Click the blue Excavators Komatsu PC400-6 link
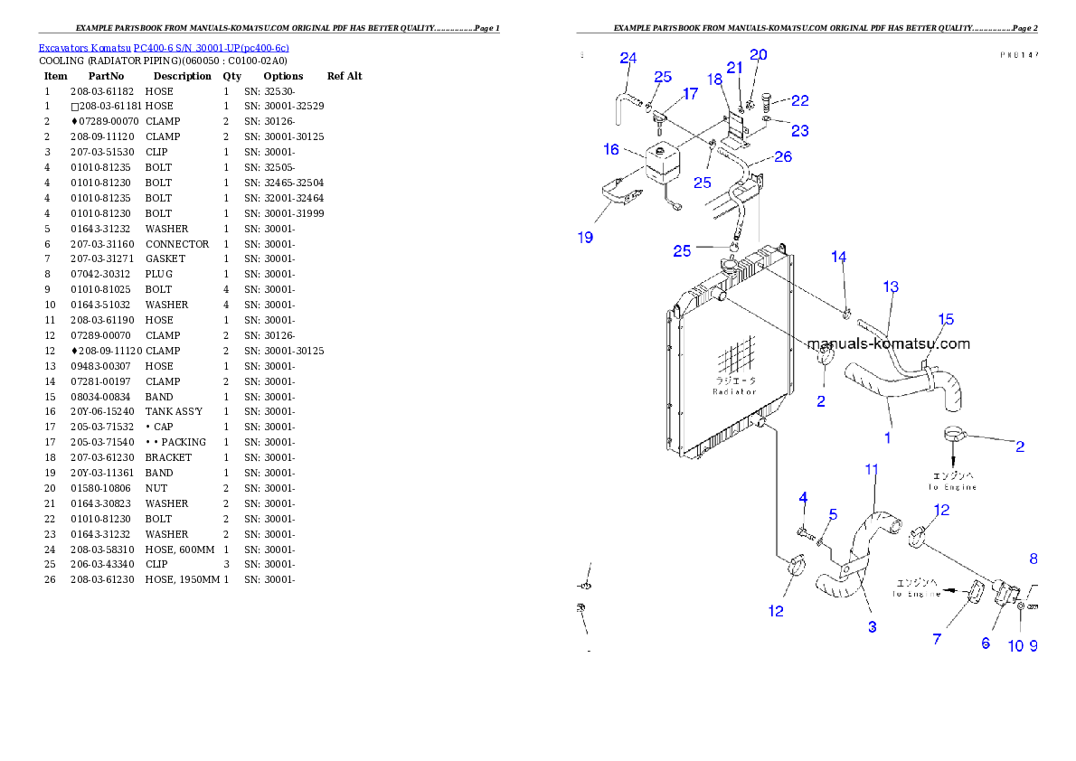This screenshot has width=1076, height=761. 164,48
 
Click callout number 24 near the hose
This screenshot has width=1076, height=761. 628,59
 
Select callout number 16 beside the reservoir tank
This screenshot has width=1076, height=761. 611,149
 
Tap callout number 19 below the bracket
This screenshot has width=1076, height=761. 586,238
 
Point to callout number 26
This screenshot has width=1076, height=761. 783,157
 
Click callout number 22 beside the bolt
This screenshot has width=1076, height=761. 800,101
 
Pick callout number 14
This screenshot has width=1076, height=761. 839,258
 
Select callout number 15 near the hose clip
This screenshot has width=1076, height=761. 945,320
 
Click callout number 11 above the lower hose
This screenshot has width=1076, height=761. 872,470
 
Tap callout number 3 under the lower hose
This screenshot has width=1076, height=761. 873,627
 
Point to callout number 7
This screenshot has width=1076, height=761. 937,639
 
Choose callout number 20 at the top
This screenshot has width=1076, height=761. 759,55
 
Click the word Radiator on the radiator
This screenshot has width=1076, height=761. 734,391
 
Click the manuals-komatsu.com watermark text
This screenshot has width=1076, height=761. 888,344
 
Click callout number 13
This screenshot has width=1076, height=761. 891,287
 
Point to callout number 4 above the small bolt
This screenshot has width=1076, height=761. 803,498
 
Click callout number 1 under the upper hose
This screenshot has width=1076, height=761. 888,438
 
